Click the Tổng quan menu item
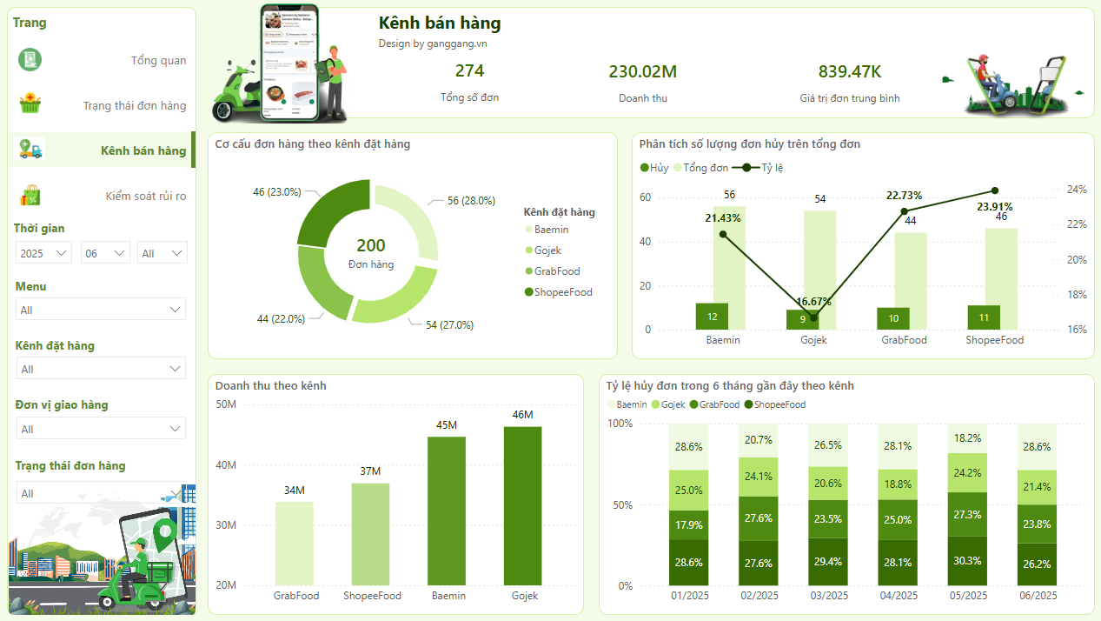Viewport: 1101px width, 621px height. [x=158, y=61]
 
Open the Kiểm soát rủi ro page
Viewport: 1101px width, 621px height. [x=145, y=197]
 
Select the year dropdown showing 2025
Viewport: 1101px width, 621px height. [x=43, y=253]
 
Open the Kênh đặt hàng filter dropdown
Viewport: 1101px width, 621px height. [x=101, y=370]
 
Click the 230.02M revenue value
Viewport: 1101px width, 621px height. [x=642, y=71]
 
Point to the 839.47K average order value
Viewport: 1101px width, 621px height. [x=849, y=71]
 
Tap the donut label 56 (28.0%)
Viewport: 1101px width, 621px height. [x=471, y=201]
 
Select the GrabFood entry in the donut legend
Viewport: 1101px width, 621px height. [x=557, y=271]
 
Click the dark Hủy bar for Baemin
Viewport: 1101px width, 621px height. [x=712, y=317]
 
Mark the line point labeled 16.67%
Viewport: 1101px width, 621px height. [x=813, y=317]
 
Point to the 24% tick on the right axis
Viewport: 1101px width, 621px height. [x=1077, y=190]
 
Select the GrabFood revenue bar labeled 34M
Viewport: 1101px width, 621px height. [x=295, y=543]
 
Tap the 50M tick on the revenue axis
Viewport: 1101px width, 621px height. [x=226, y=404]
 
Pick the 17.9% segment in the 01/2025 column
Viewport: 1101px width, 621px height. [x=688, y=525]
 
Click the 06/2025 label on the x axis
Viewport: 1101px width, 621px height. [x=1037, y=596]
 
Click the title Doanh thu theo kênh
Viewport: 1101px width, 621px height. [x=270, y=385]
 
